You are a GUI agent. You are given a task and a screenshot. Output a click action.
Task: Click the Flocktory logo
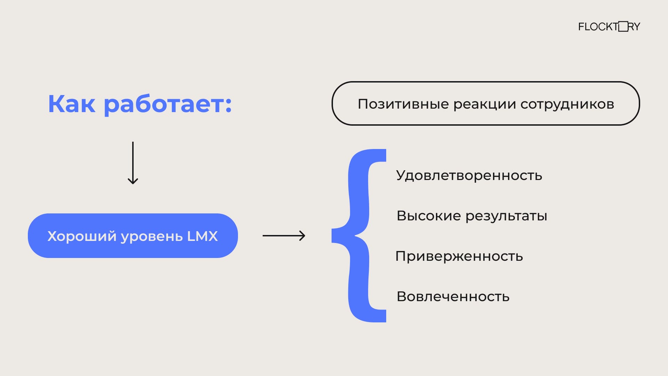click(x=609, y=26)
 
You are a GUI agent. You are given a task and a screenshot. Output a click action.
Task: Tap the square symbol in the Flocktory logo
click(x=623, y=26)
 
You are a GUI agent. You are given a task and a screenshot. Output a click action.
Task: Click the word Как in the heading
click(x=71, y=104)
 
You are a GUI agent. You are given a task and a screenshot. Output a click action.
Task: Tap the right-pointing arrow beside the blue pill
click(x=284, y=236)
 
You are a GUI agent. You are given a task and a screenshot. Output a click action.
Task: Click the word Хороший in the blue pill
click(x=82, y=236)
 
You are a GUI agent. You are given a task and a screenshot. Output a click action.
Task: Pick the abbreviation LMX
click(x=202, y=236)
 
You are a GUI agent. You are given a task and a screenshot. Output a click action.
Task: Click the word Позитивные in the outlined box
click(x=403, y=104)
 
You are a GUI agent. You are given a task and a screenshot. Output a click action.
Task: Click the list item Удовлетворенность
click(x=469, y=175)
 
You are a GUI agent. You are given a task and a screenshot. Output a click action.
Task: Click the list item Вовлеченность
click(x=453, y=297)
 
